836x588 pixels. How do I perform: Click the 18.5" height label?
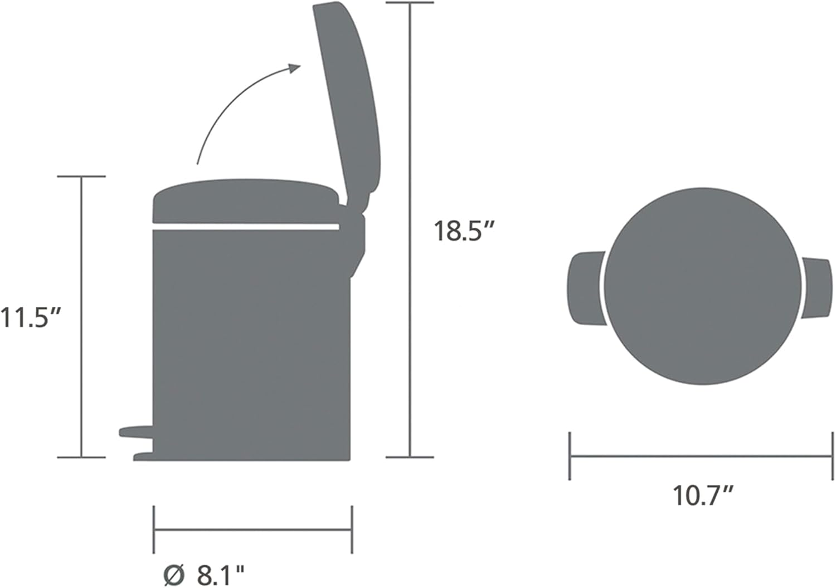(464, 231)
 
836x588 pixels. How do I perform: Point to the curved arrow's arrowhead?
(294, 68)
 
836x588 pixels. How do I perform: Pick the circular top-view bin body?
(703, 286)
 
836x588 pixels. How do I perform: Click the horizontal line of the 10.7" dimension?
(702, 455)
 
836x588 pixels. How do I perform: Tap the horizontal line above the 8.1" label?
(252, 530)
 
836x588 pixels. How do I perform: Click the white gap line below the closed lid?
(245, 227)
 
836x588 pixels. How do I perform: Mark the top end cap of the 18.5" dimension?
(410, 3)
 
